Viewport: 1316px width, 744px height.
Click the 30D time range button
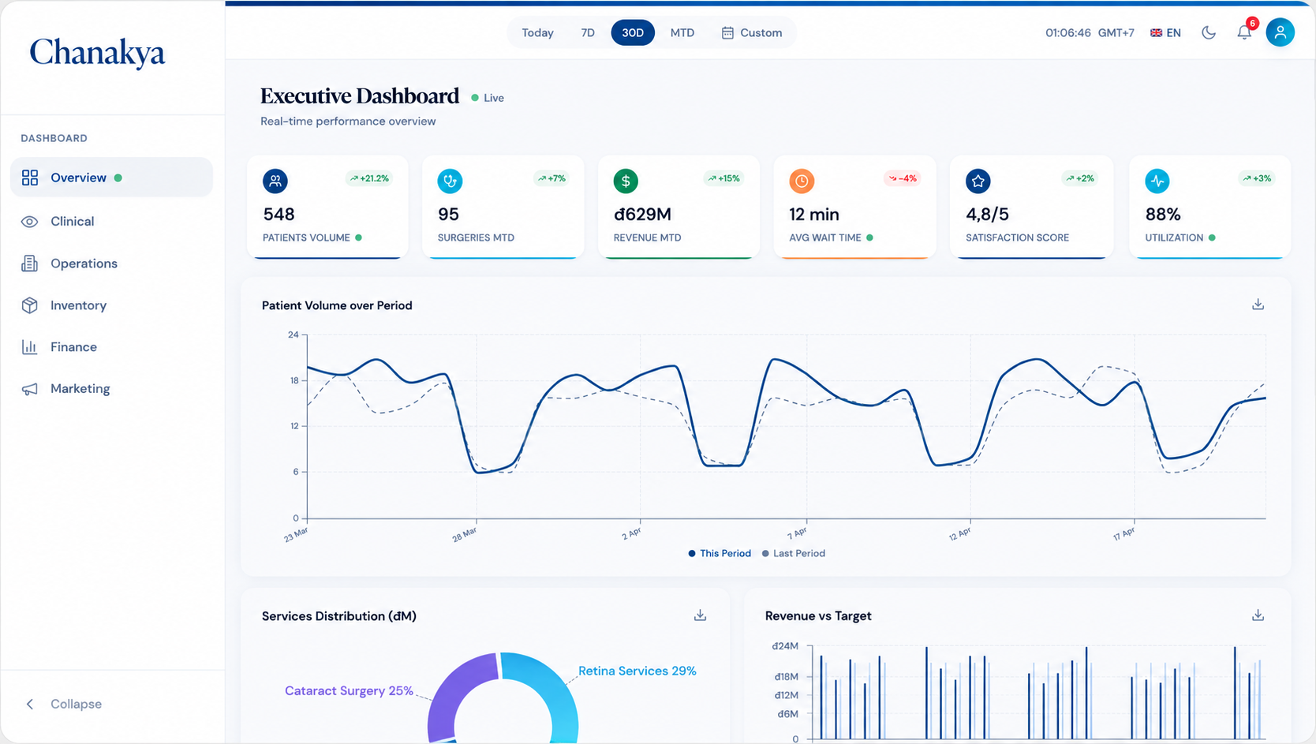click(633, 33)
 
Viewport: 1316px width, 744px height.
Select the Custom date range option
click(751, 33)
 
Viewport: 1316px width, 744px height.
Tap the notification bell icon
click(1243, 32)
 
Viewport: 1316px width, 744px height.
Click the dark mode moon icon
click(1209, 33)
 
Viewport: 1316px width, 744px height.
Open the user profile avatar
click(1280, 32)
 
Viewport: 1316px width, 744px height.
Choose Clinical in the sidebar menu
click(73, 222)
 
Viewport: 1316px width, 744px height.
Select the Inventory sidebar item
click(78, 305)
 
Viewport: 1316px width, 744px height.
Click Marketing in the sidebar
click(80, 389)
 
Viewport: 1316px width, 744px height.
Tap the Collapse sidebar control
click(65, 704)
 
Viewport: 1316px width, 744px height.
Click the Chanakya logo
click(98, 52)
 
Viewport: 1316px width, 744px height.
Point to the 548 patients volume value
click(279, 215)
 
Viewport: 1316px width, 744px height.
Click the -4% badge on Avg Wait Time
click(903, 178)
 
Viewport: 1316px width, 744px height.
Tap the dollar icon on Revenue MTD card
click(626, 181)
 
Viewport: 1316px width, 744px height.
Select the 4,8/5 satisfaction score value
click(987, 215)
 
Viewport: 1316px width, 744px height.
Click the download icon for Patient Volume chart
click(1258, 305)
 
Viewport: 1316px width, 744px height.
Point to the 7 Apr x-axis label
click(797, 533)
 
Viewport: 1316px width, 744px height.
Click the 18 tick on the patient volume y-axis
click(294, 381)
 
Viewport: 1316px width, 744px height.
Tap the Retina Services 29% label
click(637, 671)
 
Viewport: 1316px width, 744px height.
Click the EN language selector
click(1165, 33)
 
